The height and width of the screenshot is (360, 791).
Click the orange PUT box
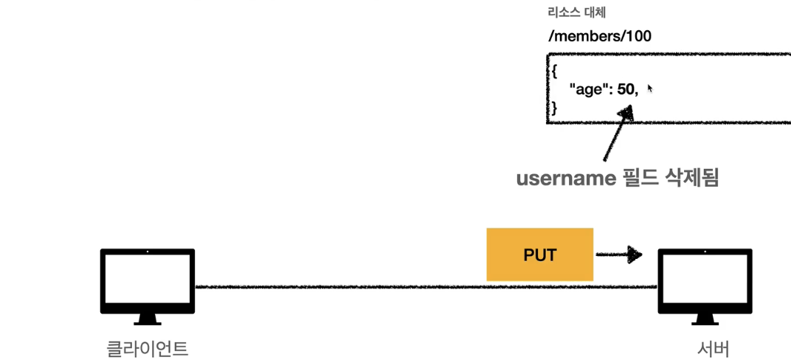539,255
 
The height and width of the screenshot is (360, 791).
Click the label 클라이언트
148,347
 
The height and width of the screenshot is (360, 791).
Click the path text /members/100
599,35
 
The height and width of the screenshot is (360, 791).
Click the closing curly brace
553,108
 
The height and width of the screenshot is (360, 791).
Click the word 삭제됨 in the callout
691,179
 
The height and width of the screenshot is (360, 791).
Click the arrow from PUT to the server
618,255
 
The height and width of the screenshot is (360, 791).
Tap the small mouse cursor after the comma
649,89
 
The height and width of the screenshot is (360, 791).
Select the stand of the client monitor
148,319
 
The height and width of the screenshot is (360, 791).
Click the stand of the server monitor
705,319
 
